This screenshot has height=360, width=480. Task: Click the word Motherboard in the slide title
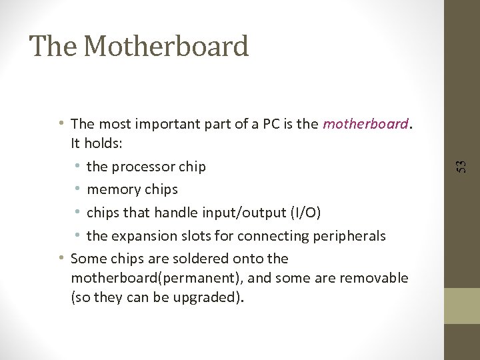tap(167, 47)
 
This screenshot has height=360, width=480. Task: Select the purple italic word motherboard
tap(365, 124)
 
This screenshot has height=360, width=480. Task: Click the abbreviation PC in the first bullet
tap(271, 124)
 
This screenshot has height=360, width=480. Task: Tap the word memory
tap(111, 189)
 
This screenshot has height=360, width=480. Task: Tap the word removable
tap(374, 277)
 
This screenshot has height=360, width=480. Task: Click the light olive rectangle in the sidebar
tap(462, 305)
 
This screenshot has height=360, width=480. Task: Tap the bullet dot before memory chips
tap(78, 189)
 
